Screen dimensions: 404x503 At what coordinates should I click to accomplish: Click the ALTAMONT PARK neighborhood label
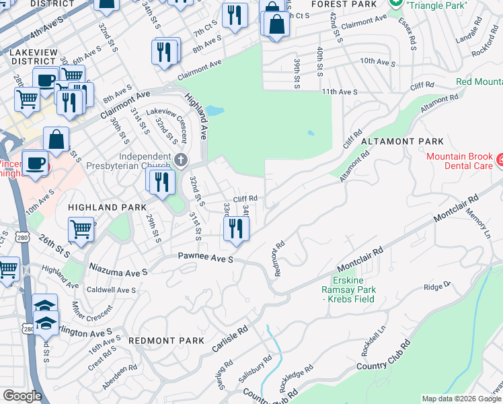pyautogui.click(x=402, y=141)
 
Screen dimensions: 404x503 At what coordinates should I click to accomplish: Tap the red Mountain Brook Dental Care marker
pyautogui.click(x=500, y=161)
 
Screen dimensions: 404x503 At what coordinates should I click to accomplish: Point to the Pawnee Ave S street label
pyautogui.click(x=205, y=257)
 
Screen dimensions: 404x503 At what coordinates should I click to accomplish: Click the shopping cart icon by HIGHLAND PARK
pyautogui.click(x=81, y=228)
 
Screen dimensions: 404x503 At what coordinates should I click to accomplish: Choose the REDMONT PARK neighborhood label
pyautogui.click(x=166, y=341)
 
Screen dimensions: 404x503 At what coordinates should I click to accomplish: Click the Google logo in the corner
pyautogui.click(x=22, y=396)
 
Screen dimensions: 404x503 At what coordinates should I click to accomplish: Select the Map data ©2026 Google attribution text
pyautogui.click(x=461, y=399)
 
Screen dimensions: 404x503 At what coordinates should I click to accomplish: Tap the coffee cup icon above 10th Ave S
pyautogui.click(x=35, y=162)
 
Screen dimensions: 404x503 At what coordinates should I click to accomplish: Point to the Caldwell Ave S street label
pyautogui.click(x=112, y=290)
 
